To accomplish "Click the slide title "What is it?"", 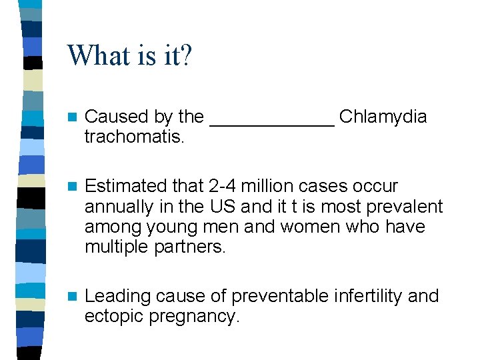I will click(x=129, y=55).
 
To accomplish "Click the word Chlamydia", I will click(x=383, y=117).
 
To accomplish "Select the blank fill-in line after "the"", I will click(x=271, y=123).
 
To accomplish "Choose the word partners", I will click(x=190, y=247).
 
